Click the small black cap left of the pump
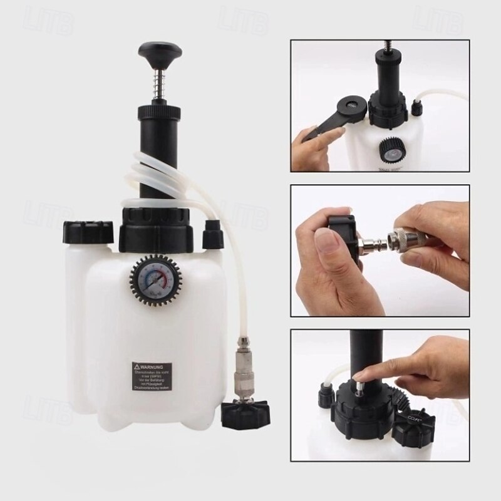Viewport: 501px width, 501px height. pos(84,231)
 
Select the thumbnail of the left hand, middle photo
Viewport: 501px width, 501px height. pos(325,241)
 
